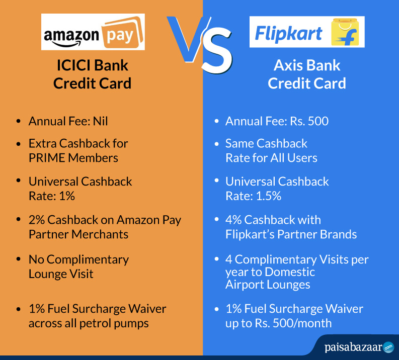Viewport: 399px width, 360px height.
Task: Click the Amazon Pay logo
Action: (93, 32)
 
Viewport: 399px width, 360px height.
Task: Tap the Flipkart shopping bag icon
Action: (345, 32)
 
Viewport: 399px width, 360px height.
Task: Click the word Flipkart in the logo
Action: (289, 34)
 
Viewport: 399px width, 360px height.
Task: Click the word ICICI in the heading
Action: (73, 65)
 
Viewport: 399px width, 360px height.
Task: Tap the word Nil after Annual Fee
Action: (100, 121)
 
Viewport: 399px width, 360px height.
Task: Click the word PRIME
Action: (47, 158)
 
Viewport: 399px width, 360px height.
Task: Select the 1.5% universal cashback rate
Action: (269, 196)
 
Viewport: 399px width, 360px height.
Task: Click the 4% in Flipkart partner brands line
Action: (233, 220)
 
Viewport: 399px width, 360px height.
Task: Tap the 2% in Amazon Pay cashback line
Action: (37, 220)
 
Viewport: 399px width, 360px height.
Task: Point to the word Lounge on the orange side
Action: (48, 275)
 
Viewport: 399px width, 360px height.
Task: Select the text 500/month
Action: (302, 323)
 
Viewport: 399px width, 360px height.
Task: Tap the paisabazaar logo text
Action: (353, 347)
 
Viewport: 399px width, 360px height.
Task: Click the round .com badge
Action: (388, 347)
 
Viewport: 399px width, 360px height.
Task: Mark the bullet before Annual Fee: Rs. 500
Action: (216, 121)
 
